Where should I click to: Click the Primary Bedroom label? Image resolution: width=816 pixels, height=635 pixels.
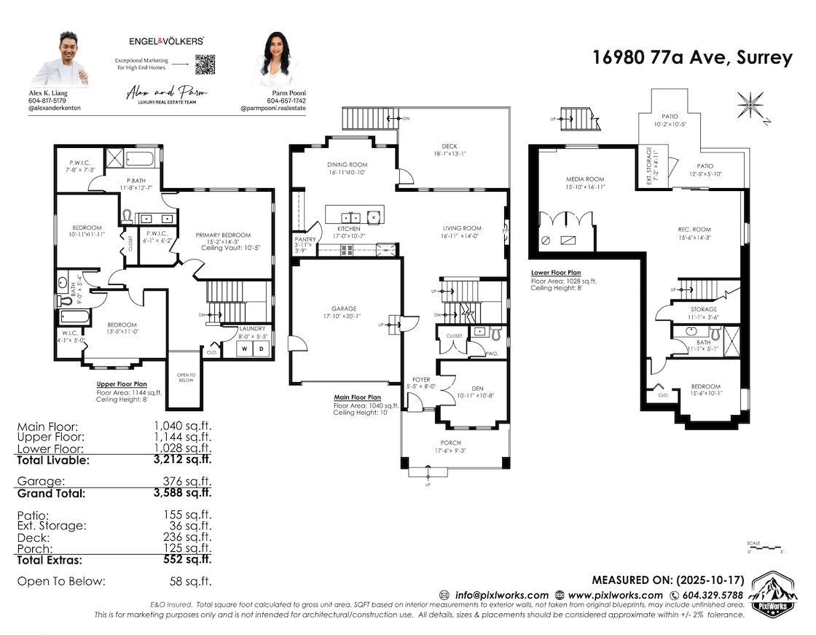223,235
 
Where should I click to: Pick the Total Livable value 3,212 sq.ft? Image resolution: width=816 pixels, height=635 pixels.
182,459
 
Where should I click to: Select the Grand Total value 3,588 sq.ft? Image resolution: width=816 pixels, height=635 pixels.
182,493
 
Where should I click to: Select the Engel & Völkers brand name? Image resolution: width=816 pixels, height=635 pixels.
166,42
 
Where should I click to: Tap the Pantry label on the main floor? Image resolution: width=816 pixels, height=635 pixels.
304,239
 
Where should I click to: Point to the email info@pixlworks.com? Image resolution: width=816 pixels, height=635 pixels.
501,595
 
